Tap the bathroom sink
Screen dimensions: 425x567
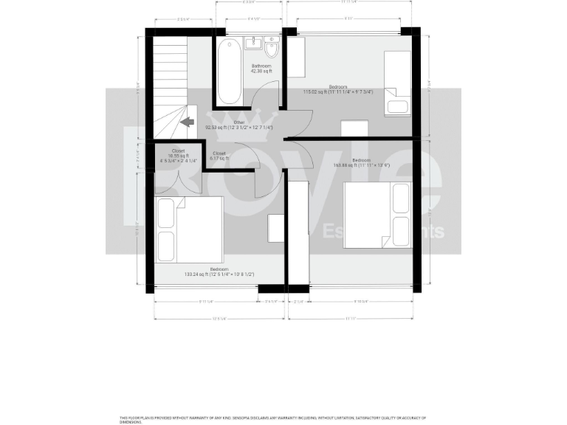253,42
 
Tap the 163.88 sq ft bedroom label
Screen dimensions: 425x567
361,162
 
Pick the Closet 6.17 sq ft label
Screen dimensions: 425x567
219,156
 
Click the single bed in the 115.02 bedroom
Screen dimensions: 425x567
397,83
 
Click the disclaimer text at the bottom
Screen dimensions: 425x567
273,419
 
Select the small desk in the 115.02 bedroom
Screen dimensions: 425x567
354,128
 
